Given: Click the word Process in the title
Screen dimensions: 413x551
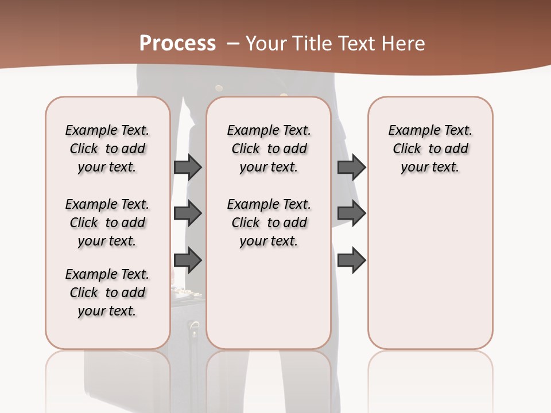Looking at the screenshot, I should click(177, 43).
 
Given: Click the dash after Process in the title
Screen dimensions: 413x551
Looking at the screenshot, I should click(233, 44).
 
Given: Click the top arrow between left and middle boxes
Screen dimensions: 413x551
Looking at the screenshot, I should click(188, 167).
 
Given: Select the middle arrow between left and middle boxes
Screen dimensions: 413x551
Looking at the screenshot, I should click(188, 213).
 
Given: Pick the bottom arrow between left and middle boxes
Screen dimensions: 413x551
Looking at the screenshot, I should click(188, 260).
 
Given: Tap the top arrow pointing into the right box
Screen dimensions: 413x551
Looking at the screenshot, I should click(351, 167).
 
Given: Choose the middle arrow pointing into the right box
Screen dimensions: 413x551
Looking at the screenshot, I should click(351, 213).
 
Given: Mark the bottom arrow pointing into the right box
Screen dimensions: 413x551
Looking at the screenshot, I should click(351, 260).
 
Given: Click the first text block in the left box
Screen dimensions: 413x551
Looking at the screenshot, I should click(107, 149).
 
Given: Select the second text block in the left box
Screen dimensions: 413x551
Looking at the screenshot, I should click(107, 223).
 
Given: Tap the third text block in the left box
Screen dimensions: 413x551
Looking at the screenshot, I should click(107, 293).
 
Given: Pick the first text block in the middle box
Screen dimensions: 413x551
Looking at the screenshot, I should click(269, 149).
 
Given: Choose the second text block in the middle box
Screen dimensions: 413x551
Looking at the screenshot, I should click(269, 223).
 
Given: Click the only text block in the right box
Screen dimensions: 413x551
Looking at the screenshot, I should click(430, 149).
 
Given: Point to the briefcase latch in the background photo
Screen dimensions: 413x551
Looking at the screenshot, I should click(194, 329).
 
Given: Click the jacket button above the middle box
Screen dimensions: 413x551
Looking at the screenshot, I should click(219, 88).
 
